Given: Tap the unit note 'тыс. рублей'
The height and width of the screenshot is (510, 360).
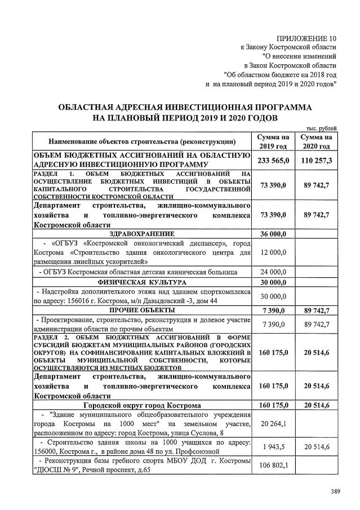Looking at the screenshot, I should (x=320, y=128).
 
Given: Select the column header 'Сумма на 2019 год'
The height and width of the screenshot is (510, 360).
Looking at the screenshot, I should (x=273, y=141).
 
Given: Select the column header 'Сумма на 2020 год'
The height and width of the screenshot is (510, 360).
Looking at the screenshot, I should (x=315, y=141).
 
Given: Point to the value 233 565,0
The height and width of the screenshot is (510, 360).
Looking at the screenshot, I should (x=273, y=161).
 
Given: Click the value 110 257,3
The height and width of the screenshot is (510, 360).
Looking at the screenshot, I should (x=315, y=161).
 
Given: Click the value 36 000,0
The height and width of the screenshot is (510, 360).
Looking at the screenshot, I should (x=273, y=233).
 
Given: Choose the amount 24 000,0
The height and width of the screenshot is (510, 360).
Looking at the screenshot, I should (x=273, y=272).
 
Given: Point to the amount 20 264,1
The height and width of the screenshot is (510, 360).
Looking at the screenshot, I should (x=273, y=424).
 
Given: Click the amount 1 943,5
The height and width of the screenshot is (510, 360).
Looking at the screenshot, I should (x=273, y=447).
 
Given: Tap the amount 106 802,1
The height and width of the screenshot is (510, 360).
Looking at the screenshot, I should (x=273, y=465).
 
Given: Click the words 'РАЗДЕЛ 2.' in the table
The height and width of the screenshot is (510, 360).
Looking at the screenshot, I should (x=54, y=336).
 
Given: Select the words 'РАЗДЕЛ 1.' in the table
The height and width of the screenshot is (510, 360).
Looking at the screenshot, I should (x=54, y=175).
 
